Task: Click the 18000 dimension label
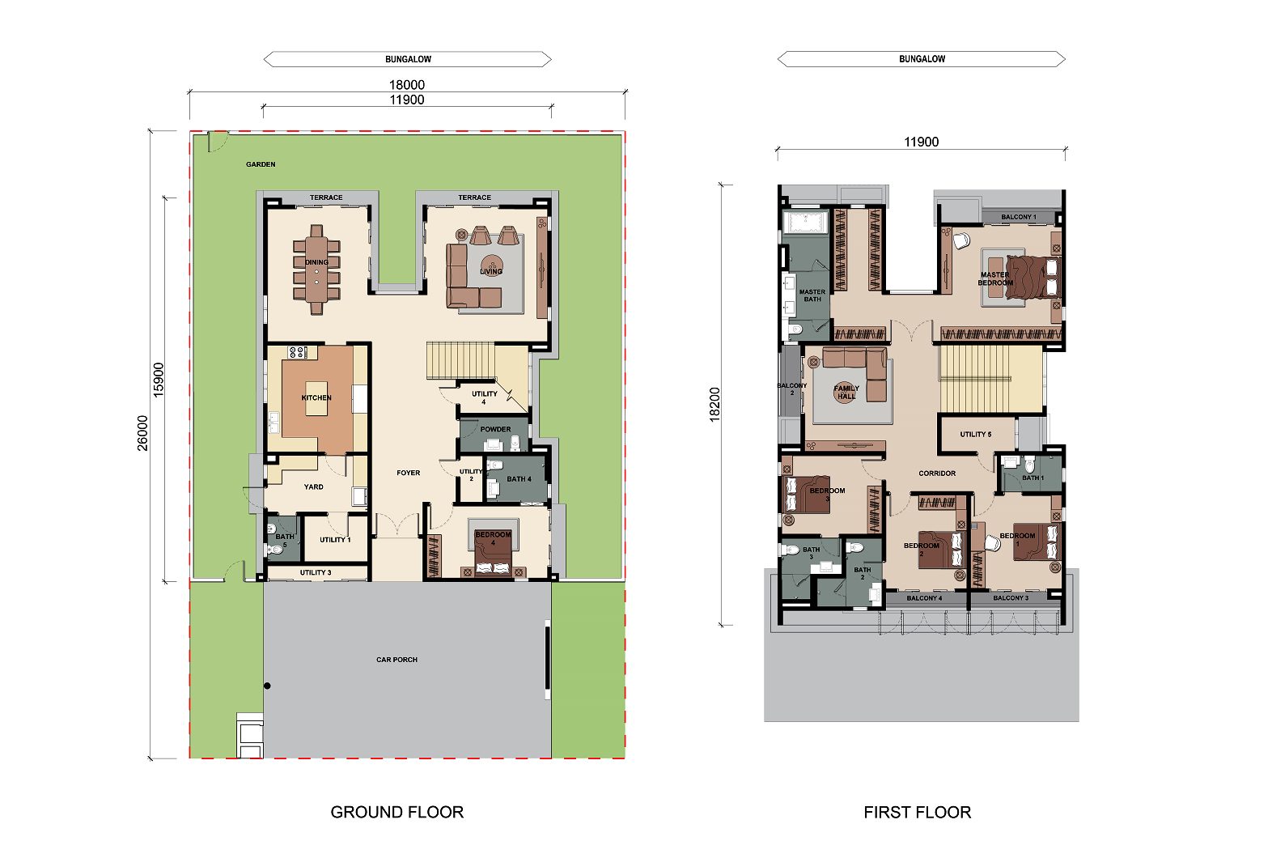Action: click(x=406, y=85)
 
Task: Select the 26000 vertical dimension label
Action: click(x=142, y=433)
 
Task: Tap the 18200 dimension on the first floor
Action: click(x=714, y=405)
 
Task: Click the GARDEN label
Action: click(x=261, y=164)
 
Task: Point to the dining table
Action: click(x=317, y=270)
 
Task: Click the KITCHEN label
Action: click(x=316, y=397)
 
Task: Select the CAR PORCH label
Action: click(x=397, y=660)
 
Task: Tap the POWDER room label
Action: click(x=496, y=429)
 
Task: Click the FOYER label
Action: click(x=409, y=473)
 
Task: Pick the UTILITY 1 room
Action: click(x=335, y=538)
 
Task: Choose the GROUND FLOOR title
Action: click(x=397, y=812)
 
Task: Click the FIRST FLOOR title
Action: click(x=917, y=812)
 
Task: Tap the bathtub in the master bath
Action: click(x=805, y=222)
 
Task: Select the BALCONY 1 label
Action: click(x=1019, y=217)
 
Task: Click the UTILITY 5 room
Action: click(x=977, y=434)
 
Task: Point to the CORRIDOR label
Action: click(x=937, y=474)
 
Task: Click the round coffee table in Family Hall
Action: click(x=845, y=393)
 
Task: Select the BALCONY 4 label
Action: click(x=925, y=598)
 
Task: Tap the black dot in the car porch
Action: click(x=268, y=686)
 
